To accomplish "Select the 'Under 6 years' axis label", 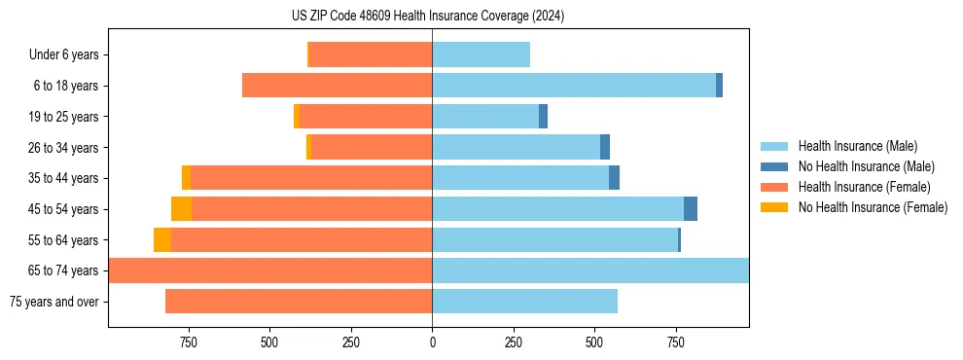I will (69, 55).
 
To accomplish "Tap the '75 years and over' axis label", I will (54, 302).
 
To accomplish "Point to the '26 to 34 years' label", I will (65, 148).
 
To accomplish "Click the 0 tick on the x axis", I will (432, 342).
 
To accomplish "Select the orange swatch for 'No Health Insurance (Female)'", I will (774, 207).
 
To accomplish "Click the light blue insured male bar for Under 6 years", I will (481, 55).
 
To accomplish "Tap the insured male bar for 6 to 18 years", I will (574, 86).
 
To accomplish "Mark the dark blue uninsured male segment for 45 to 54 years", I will (691, 209).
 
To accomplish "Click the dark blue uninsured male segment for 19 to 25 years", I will (543, 117).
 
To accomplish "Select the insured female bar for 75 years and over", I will (299, 302).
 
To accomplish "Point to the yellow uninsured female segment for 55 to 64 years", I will (162, 240).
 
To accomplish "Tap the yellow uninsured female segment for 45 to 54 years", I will (181, 209).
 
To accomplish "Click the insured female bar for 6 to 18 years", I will (337, 86).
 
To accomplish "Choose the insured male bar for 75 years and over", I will (524, 302).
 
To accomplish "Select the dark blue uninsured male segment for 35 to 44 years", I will (614, 178).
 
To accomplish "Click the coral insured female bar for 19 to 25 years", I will (366, 117).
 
